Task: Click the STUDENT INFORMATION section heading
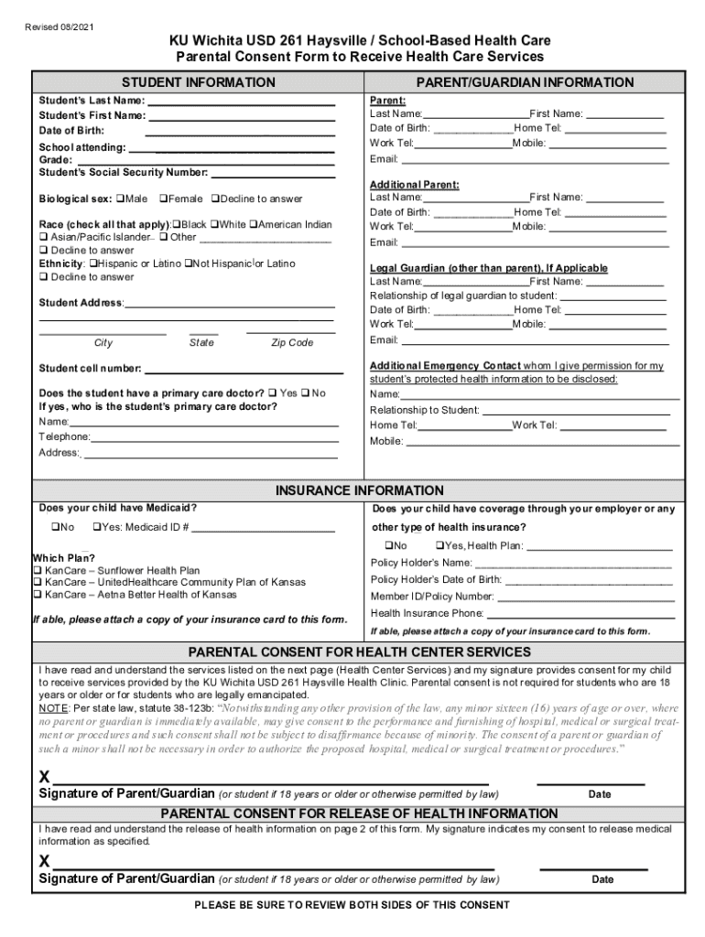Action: [199, 82]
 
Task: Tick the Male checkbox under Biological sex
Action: [120, 199]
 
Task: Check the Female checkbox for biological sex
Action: [163, 199]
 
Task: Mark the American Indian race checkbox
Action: [253, 224]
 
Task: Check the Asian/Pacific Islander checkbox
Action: [43, 237]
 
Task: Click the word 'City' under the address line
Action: [103, 343]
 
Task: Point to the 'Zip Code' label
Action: [292, 343]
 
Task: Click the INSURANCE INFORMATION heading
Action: [360, 490]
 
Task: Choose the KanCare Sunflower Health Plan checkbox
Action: [38, 570]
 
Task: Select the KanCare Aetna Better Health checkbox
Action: [38, 594]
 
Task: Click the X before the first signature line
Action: [44, 777]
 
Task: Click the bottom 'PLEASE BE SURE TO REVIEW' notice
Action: [352, 905]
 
